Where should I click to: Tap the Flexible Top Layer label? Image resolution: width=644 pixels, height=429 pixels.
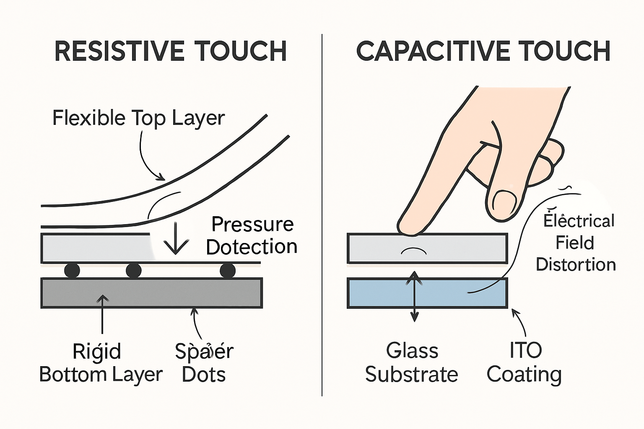pyautogui.click(x=138, y=118)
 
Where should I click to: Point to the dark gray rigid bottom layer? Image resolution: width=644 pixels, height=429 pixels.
pyautogui.click(x=151, y=293)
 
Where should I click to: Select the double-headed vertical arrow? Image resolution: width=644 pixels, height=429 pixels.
pyautogui.click(x=414, y=296)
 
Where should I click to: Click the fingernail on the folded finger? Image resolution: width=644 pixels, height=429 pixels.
pyautogui.click(x=504, y=202)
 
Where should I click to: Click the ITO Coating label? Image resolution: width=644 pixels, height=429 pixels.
pyautogui.click(x=525, y=362)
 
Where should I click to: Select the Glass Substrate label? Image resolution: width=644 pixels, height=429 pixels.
pyautogui.click(x=411, y=362)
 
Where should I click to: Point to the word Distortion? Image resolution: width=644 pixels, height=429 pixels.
pyautogui.click(x=576, y=265)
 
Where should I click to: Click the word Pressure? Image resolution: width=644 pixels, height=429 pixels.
pyautogui.click(x=252, y=224)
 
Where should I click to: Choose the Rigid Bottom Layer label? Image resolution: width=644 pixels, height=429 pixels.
pyautogui.click(x=101, y=363)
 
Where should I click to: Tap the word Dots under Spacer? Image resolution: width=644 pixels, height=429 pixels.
pyautogui.click(x=204, y=374)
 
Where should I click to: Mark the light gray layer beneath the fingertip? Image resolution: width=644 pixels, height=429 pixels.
pyautogui.click(x=461, y=248)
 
